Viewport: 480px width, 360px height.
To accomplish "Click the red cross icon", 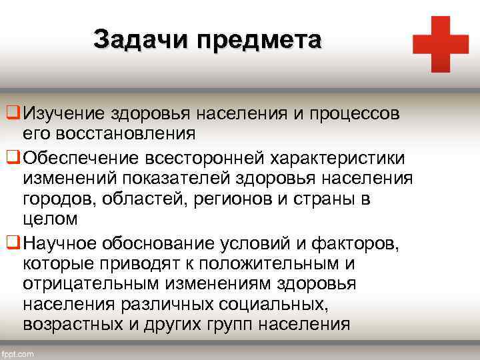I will [x=441, y=44].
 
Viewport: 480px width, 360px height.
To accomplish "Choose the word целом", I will [x=51, y=218].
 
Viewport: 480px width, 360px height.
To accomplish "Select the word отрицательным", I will [x=99, y=283].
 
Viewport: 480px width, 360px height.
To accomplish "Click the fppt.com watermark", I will [x=18, y=353].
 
